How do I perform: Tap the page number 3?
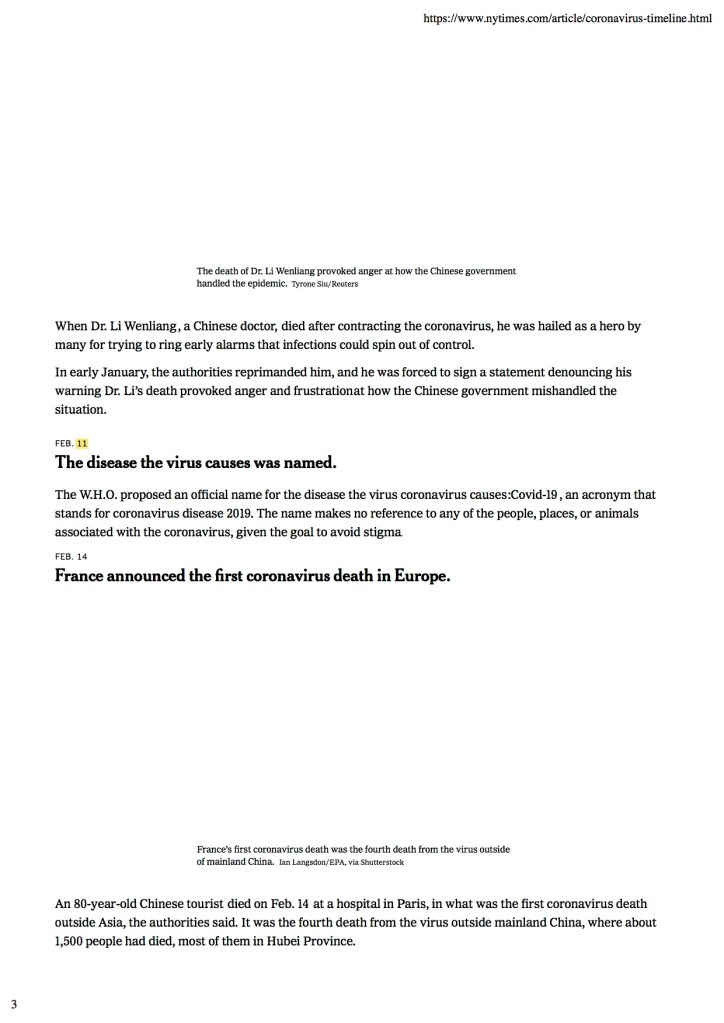pos(13,1003)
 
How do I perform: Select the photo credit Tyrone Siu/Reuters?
pos(324,285)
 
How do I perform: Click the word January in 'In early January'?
pos(122,372)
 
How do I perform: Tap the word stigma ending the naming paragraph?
pos(383,532)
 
